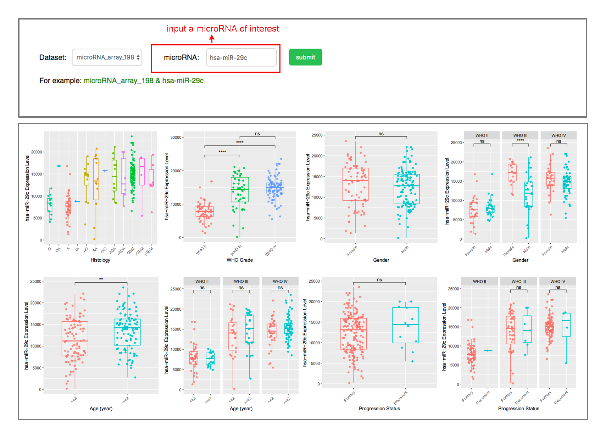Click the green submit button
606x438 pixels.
[305, 57]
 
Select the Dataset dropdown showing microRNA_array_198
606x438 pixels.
[107, 57]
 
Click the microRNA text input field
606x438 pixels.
[241, 57]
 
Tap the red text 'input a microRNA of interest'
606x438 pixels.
[223, 29]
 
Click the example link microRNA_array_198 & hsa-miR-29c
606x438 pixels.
[143, 81]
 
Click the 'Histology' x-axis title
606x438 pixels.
[100, 260]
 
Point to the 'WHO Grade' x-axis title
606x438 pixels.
[240, 260]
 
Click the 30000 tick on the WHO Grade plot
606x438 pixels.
[176, 137]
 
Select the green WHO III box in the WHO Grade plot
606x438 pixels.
[240, 190]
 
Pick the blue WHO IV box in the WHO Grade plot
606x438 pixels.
[275, 188]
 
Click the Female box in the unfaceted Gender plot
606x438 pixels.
[355, 184]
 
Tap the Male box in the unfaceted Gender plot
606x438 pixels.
[407, 189]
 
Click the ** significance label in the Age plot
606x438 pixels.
[101, 279]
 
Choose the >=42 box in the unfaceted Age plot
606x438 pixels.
[127, 332]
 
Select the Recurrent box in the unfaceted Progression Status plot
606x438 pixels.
[406, 325]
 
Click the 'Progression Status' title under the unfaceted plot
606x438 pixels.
[379, 409]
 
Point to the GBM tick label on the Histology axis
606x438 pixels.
[131, 251]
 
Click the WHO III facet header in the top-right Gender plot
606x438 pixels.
[520, 135]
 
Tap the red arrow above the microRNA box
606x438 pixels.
[212, 38]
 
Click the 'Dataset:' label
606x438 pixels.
[53, 57]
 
